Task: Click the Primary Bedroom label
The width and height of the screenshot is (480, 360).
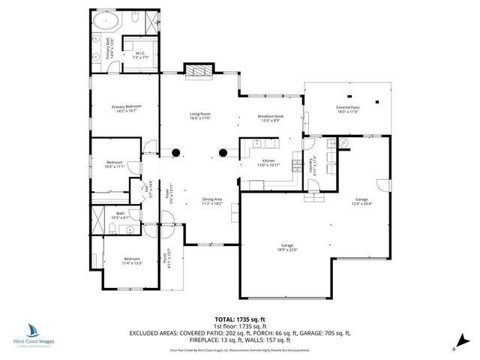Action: coord(126,109)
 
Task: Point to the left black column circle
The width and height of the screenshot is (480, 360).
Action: coord(176,153)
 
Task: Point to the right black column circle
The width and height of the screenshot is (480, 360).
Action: coord(223,153)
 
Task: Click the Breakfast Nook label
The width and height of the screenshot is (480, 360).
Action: coord(268,119)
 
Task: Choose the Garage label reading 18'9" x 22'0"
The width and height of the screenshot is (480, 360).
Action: coord(286,248)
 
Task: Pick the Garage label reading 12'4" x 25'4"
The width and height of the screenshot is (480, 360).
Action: coord(361,200)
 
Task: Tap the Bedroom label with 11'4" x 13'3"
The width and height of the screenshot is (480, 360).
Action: coord(131,261)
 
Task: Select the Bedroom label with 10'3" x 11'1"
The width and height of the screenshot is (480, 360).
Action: coord(114,164)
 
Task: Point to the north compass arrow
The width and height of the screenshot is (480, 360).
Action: coord(456,346)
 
